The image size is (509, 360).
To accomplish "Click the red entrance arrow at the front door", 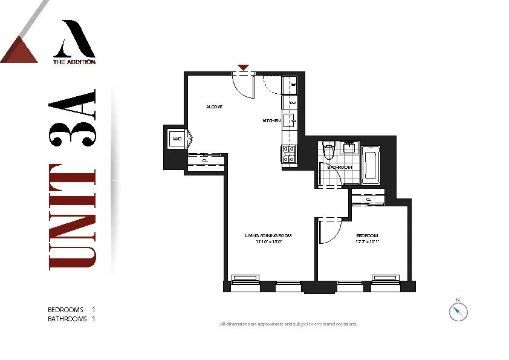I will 243,68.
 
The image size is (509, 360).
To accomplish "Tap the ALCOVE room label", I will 214,107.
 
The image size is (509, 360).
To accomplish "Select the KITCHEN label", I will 271,121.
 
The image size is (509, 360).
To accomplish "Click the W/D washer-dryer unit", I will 177,139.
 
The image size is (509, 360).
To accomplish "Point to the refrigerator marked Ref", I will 291,85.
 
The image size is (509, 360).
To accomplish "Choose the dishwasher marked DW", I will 291,103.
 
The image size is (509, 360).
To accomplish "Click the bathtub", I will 370,166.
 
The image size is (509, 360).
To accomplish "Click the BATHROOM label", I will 340,167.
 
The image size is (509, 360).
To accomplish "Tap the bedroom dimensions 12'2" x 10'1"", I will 367,241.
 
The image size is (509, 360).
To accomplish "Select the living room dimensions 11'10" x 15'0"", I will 268,241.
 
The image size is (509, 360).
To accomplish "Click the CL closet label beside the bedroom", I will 368,199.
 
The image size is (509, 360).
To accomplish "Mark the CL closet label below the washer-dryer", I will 205,161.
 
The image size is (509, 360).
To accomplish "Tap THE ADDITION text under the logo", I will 74,61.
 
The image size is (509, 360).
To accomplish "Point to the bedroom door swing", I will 329,231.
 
